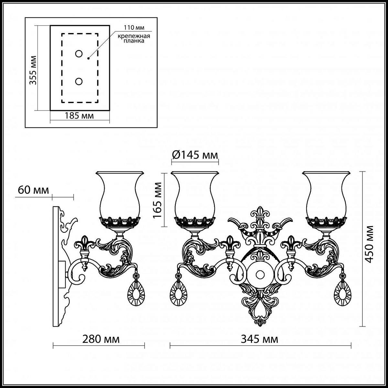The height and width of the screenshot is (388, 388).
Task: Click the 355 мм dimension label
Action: pos(33,70)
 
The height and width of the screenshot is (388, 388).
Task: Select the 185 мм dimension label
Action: pos(79,116)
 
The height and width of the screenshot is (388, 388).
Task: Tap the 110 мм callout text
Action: pos(134,27)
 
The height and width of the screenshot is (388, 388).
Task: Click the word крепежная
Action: pos(134,36)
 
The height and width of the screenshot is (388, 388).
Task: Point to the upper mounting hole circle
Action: pos(79,54)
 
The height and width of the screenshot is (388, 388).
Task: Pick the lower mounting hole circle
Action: pos(79,81)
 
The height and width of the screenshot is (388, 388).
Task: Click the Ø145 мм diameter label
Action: pos(195,155)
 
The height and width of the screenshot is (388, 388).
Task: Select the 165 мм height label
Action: pos(157,200)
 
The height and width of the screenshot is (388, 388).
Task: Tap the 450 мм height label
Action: pos(369,244)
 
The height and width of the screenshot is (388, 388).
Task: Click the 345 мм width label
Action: pos(260,339)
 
